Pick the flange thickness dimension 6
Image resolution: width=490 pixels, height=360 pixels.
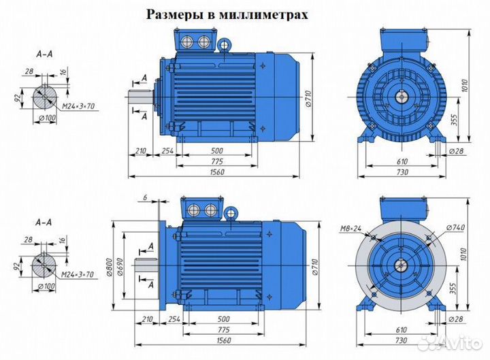tap(145, 198)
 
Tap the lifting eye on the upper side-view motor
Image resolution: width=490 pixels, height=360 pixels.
tap(225, 45)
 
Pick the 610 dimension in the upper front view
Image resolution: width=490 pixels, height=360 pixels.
tap(402, 161)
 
